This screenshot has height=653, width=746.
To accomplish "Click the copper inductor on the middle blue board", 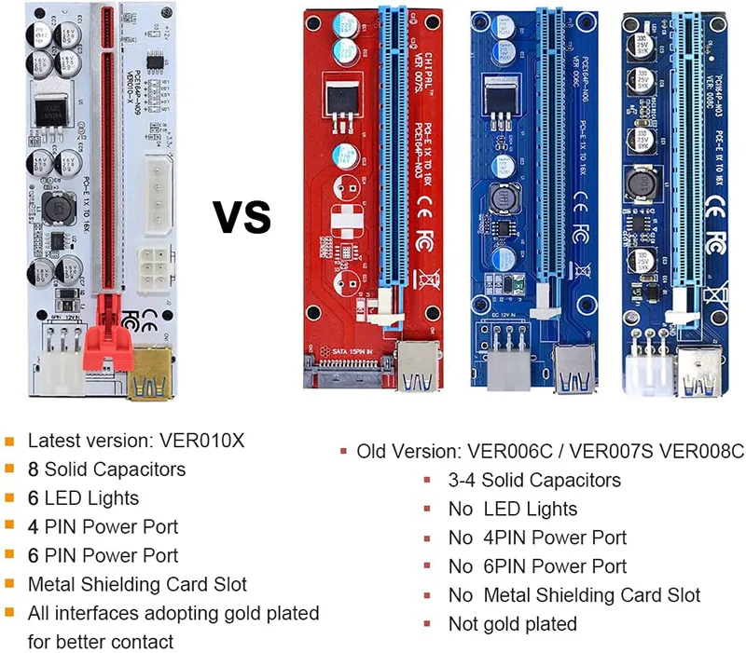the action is (500, 197).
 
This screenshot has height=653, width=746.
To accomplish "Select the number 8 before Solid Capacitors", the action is (34, 469).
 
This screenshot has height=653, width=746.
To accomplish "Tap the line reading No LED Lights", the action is (512, 510).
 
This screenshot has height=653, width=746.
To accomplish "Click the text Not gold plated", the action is (512, 624).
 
